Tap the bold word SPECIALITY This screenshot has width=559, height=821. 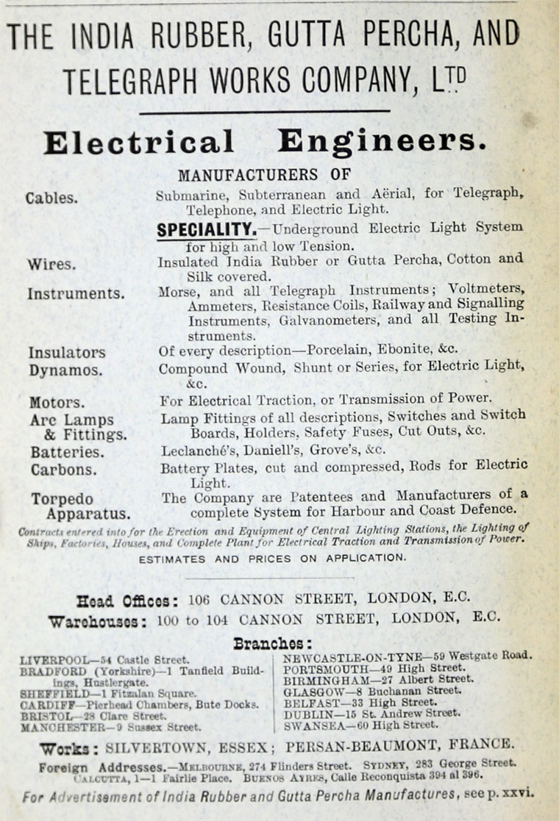coord(207,229)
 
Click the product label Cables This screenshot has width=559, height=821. coord(51,198)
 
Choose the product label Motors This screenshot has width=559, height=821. coord(57,403)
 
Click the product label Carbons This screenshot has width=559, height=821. coord(63,469)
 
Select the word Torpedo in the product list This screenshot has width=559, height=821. coord(62,499)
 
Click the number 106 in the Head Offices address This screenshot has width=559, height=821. coord(199,598)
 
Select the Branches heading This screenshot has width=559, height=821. coord(272,643)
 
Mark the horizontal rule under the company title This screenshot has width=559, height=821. coord(264,112)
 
